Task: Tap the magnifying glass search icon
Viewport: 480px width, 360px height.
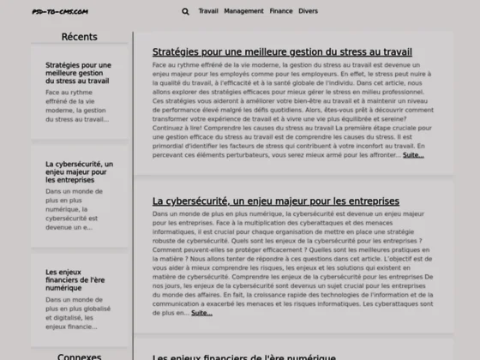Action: [186, 12]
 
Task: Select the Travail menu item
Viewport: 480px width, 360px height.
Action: [208, 12]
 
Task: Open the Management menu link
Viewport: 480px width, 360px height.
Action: [243, 12]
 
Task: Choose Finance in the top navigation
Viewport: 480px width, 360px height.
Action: [280, 12]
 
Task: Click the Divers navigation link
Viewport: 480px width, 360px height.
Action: [308, 12]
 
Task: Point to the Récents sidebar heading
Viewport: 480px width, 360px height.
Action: [80, 37]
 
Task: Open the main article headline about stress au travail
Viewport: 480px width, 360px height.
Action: [282, 52]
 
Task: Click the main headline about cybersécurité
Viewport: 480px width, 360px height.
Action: [276, 201]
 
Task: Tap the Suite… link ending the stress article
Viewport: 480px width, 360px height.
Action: [413, 155]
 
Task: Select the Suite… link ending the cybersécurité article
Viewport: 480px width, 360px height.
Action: [201, 313]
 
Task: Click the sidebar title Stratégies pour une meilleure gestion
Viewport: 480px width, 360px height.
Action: [78, 73]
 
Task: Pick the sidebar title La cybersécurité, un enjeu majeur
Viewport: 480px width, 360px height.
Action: [78, 172]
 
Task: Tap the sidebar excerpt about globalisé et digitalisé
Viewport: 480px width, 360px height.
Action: [78, 313]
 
